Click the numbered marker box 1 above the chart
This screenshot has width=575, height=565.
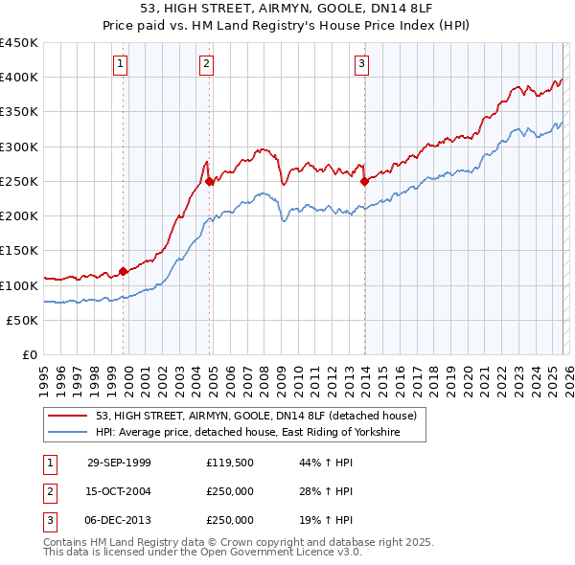tap(121, 64)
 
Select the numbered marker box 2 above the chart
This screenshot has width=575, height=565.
tap(207, 64)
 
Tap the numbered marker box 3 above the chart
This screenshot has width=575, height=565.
tap(362, 64)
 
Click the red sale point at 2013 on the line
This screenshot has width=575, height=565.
tap(364, 180)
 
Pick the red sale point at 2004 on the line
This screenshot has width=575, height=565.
tap(210, 180)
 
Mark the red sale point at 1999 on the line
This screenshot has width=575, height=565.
tap(124, 271)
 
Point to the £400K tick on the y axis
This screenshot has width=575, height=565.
tap(19, 78)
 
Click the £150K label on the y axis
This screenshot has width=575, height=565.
tap(19, 251)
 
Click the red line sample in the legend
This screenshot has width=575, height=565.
tap(68, 417)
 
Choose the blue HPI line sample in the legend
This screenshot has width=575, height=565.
tap(68, 433)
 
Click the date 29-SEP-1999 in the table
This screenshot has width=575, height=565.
tap(119, 463)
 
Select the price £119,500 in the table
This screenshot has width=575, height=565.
tap(230, 463)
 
